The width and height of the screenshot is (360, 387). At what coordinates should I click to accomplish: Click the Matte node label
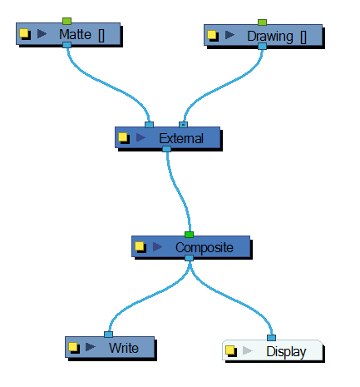point(75,34)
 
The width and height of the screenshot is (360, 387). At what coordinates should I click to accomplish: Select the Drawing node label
point(270,36)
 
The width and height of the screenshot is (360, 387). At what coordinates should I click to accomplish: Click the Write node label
point(123,347)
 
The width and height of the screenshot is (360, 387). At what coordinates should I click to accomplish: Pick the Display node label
point(285,351)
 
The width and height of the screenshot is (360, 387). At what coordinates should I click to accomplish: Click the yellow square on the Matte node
point(24,34)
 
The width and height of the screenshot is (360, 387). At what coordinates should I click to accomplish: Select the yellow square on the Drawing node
point(212,36)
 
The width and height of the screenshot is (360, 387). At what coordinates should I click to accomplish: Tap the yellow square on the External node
point(123,137)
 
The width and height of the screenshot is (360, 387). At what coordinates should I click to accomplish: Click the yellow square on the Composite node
point(140,246)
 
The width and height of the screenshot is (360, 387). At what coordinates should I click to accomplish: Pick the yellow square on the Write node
point(73,347)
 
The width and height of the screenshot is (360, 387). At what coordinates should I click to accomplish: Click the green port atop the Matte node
point(67,20)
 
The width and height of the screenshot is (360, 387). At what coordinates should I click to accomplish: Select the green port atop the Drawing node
point(262,22)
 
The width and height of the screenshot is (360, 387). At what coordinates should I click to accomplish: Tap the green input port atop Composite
point(190,234)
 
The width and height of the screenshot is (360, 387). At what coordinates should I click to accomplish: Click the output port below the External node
point(167,150)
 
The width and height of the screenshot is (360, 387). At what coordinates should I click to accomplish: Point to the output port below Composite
point(190,259)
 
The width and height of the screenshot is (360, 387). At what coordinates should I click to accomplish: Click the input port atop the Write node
point(108,335)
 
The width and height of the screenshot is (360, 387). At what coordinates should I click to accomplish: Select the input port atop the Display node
point(271,338)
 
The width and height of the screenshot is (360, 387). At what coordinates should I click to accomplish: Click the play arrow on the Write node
point(91,347)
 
